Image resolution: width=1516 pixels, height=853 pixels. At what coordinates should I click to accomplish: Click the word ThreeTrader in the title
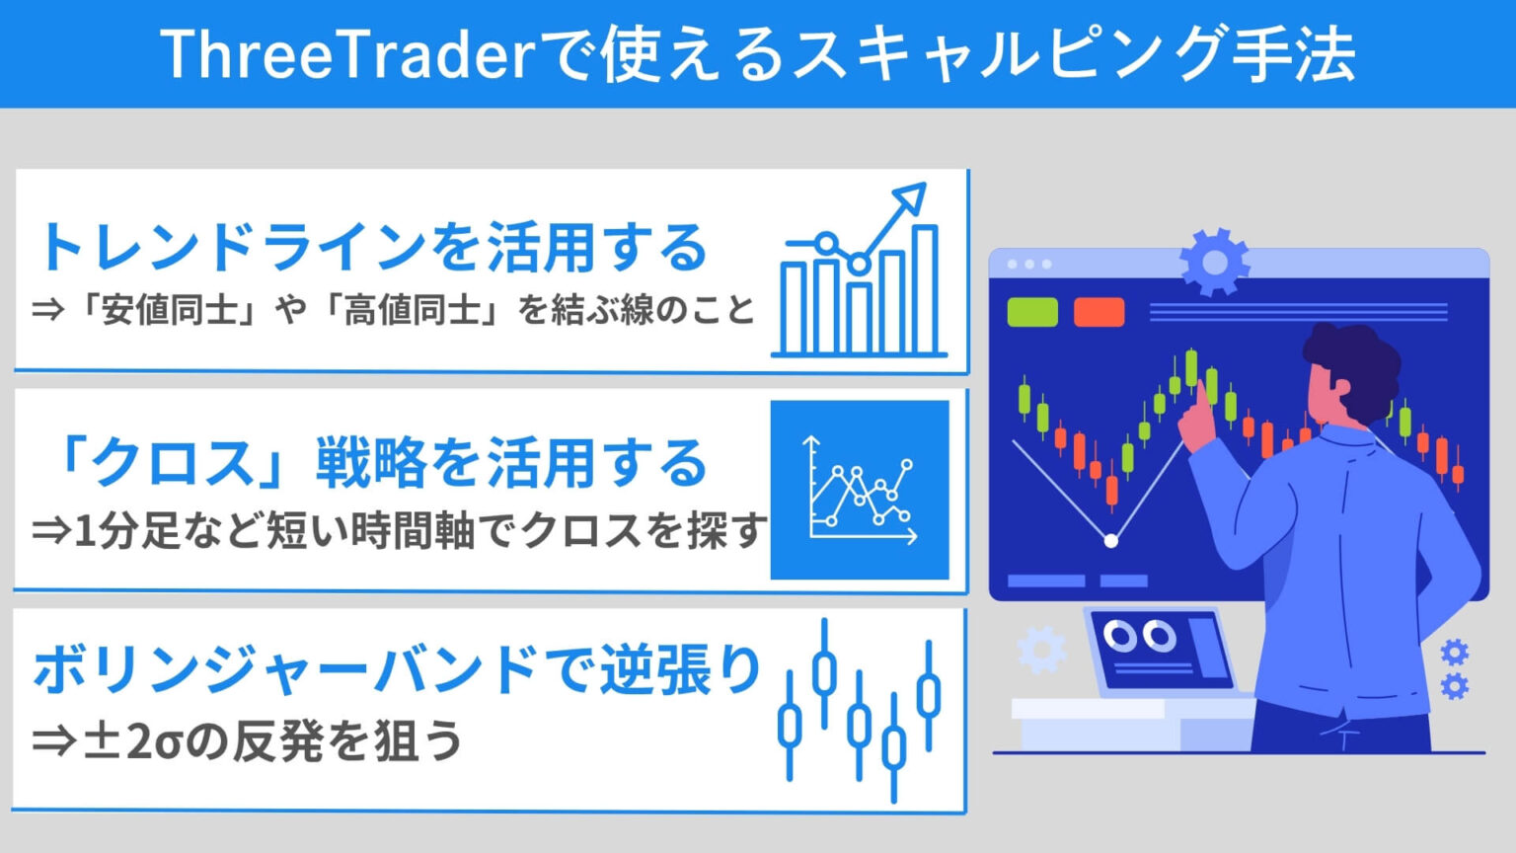[x=350, y=54]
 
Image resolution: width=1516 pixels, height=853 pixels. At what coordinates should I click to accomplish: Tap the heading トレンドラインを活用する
[x=372, y=247]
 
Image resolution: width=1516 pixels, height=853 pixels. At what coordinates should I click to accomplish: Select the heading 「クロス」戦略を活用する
[x=380, y=463]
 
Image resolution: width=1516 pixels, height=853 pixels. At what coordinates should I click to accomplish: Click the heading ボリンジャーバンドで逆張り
[x=398, y=670]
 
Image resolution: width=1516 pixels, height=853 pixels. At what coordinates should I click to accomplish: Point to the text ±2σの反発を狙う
[x=247, y=740]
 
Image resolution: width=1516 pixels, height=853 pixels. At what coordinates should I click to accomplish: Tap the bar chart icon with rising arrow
[x=859, y=276]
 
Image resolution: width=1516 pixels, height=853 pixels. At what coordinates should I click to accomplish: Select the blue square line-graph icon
[x=859, y=490]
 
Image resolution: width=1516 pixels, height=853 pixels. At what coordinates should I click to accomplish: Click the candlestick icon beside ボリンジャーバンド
[x=859, y=709]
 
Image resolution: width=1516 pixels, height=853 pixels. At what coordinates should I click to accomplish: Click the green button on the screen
[x=1031, y=312]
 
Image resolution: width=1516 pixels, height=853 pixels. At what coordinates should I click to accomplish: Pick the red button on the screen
[x=1099, y=312]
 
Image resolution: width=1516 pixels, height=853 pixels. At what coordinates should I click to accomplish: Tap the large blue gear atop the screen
[x=1214, y=262]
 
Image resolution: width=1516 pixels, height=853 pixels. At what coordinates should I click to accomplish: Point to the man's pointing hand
[x=1197, y=420]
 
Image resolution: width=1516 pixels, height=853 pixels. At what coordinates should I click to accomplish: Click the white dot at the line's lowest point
[x=1111, y=541]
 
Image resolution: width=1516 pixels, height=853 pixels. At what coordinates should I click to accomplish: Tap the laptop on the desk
[x=1160, y=652]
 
